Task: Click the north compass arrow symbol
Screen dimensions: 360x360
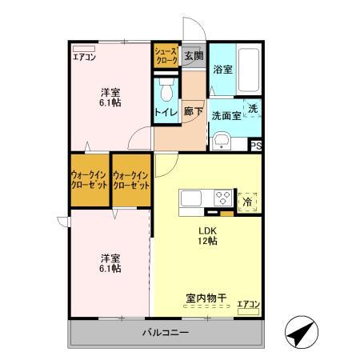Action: click(x=300, y=332)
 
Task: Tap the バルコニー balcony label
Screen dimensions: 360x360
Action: click(x=166, y=332)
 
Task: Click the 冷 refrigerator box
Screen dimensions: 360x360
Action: click(x=248, y=201)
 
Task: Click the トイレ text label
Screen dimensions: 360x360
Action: click(x=166, y=114)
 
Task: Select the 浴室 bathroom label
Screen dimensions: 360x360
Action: click(x=222, y=70)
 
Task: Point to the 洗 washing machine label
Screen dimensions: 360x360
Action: click(x=252, y=108)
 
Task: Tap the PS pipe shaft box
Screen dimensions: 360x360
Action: click(x=256, y=145)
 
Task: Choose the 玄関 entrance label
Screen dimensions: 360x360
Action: click(x=192, y=55)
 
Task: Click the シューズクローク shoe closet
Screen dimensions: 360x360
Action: click(x=166, y=55)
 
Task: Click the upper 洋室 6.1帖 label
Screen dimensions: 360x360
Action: click(x=110, y=97)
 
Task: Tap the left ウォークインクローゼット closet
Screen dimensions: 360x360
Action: click(x=90, y=180)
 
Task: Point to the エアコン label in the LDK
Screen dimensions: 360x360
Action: click(x=248, y=303)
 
